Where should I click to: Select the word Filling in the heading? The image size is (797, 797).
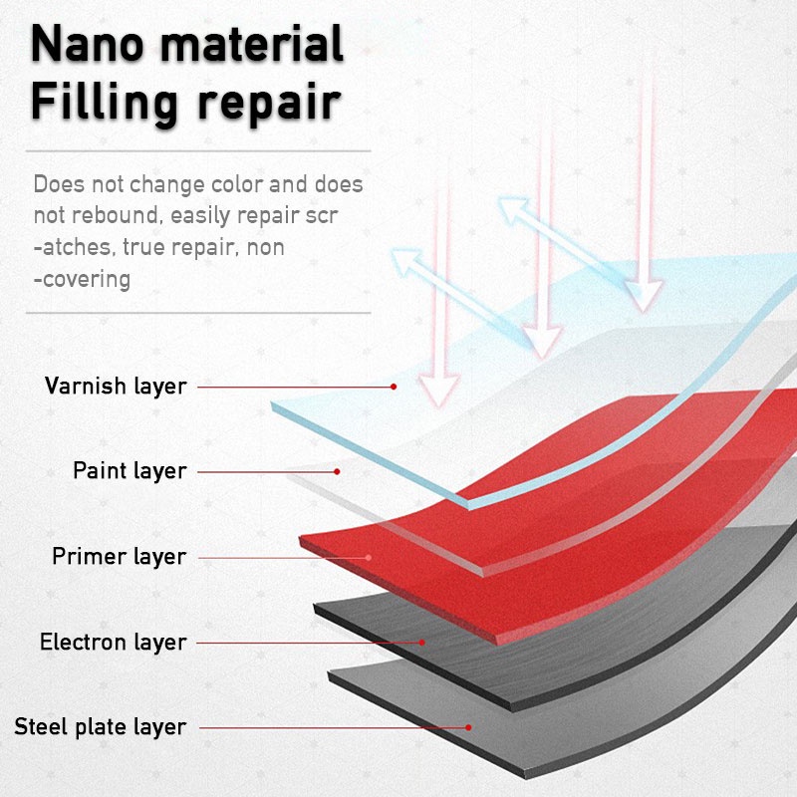click(106, 104)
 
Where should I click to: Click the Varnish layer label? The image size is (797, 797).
click(116, 386)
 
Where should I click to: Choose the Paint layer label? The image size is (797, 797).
click(130, 470)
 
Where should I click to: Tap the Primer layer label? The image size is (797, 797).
click(119, 556)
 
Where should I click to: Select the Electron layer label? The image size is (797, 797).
click(113, 642)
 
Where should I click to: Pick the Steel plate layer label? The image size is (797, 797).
click(100, 727)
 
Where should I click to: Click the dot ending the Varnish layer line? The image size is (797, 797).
click(394, 386)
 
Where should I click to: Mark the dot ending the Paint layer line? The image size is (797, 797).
click(338, 471)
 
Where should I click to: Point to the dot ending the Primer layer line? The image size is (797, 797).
click(369, 557)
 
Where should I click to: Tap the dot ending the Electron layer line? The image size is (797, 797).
click(422, 642)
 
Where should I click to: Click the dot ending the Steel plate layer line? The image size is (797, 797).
click(468, 727)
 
